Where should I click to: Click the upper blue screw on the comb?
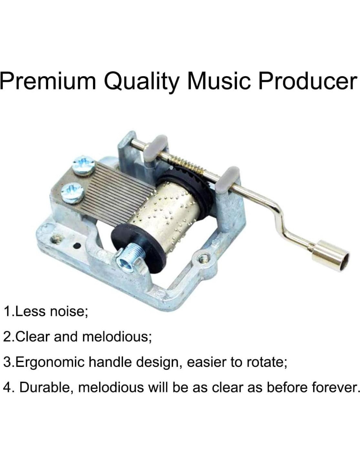click(x=83, y=166)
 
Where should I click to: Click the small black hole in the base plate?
click(x=77, y=246)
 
